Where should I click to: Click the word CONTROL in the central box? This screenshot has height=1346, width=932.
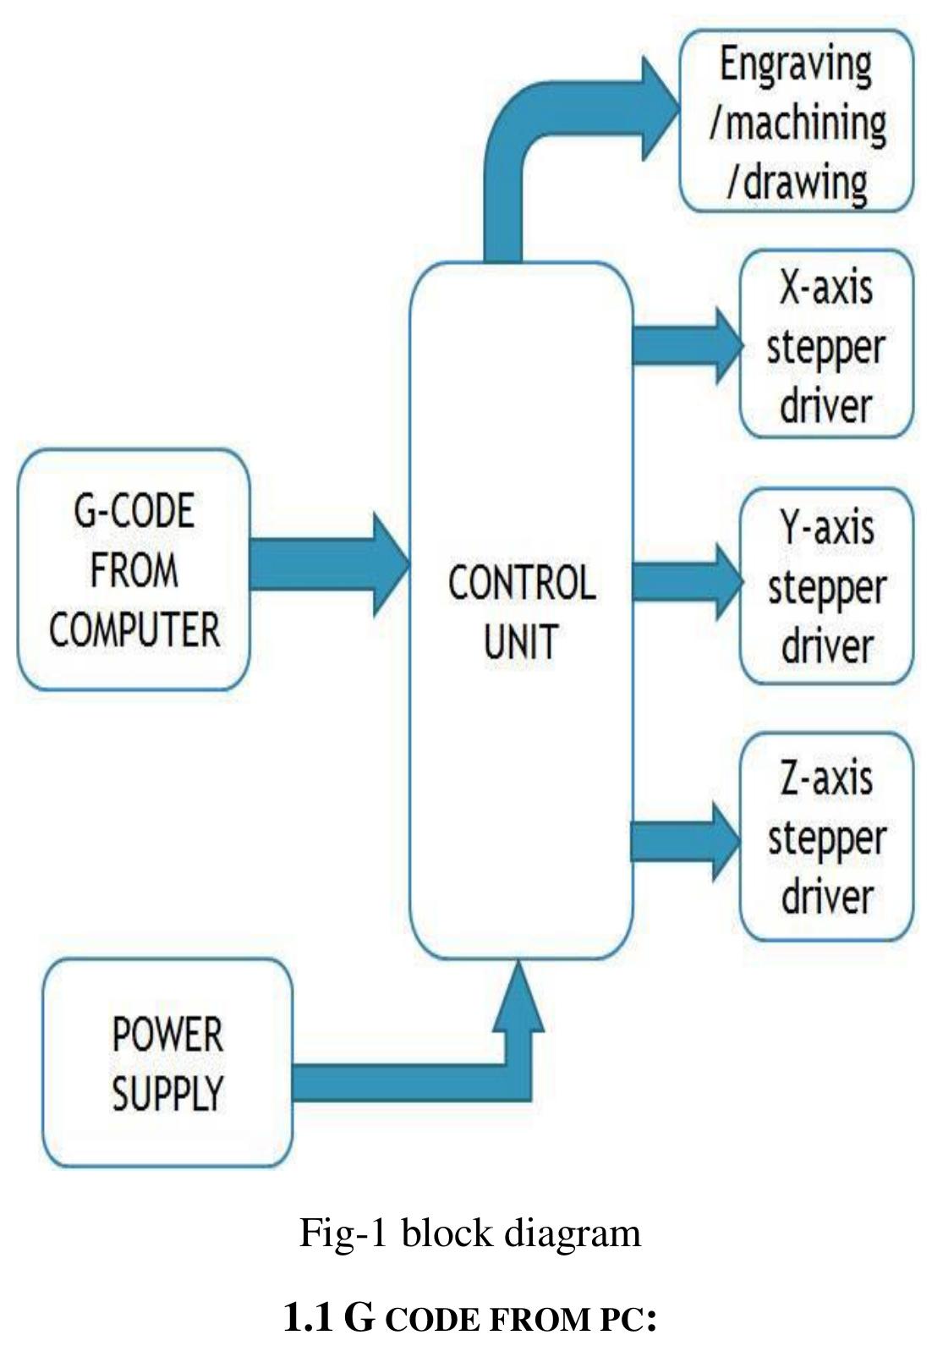tap(521, 584)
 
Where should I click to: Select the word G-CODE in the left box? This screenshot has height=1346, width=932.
tap(134, 511)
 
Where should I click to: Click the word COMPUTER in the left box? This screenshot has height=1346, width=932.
tap(134, 629)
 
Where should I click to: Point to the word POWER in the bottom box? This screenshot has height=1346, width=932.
tap(167, 1034)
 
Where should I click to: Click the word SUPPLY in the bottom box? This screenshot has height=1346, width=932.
tap(167, 1092)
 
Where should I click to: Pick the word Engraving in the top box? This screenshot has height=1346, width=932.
tap(796, 65)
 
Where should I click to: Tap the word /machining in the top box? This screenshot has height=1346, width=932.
tap(798, 123)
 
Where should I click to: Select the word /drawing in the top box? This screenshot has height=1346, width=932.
tap(796, 181)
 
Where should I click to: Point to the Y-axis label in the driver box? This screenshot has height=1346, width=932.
tap(826, 527)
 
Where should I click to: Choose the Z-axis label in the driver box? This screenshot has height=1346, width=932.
tap(826, 776)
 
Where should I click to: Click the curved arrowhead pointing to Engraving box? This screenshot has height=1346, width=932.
tap(660, 108)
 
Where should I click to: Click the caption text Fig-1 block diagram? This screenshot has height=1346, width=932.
tap(470, 1233)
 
